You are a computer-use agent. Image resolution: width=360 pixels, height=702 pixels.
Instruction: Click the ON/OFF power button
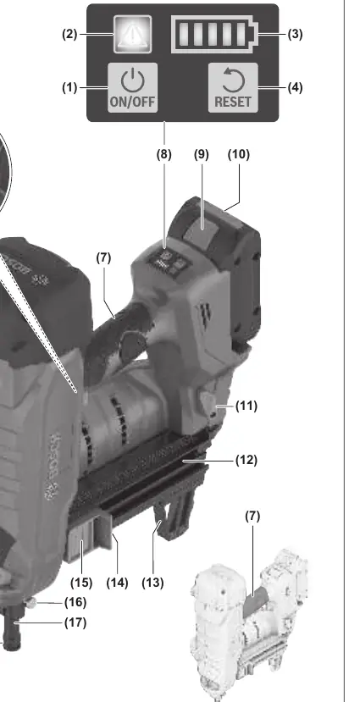click(x=132, y=87)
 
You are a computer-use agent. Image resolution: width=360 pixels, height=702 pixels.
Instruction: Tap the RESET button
click(x=233, y=87)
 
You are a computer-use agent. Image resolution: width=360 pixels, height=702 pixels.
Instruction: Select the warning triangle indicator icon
click(x=132, y=34)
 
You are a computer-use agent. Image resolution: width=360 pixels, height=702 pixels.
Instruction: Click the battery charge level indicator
click(x=215, y=34)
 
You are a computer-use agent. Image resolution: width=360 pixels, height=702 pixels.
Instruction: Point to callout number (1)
click(x=69, y=87)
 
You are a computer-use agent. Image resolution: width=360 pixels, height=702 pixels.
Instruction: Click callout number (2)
click(x=69, y=34)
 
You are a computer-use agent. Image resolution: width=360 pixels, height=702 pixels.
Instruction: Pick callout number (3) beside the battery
click(x=295, y=34)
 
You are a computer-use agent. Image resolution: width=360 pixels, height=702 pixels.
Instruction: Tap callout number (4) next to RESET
click(x=295, y=87)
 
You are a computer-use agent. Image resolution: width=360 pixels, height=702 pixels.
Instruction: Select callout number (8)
click(x=163, y=154)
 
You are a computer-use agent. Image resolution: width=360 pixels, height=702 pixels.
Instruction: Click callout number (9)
click(x=202, y=154)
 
